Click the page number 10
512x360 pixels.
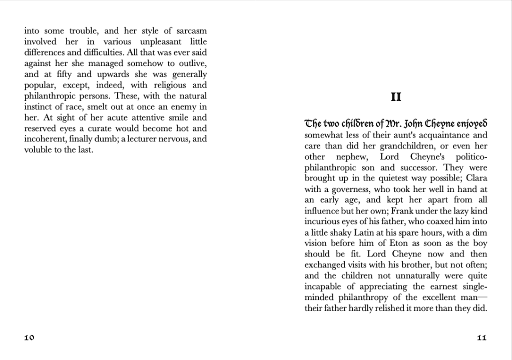coord(29,337)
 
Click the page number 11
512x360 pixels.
coord(481,337)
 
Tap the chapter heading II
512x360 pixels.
coord(395,97)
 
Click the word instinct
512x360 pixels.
coord(40,107)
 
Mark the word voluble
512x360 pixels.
coord(39,150)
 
